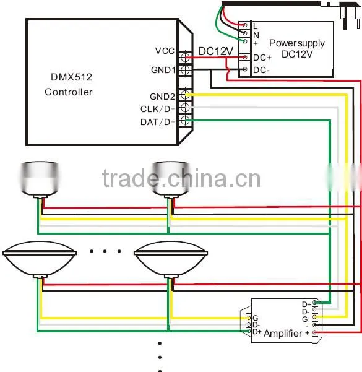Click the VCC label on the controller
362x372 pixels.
[165, 51]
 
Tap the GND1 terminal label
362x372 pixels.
[163, 70]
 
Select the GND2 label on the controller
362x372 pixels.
[163, 97]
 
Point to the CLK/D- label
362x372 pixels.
[158, 109]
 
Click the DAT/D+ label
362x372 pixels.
[158, 122]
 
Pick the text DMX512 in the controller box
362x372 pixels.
[71, 77]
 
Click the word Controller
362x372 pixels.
[69, 92]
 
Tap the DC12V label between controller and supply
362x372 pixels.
[215, 51]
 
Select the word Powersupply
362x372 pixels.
[297, 43]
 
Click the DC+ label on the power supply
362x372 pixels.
[262, 58]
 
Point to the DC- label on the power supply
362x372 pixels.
[261, 70]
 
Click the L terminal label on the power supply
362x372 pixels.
[255, 26]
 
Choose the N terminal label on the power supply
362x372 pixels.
[256, 35]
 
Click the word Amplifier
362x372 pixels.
[283, 334]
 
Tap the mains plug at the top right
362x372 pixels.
[350, 15]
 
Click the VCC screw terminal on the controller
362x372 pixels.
[185, 57]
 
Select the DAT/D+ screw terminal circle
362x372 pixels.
[185, 121]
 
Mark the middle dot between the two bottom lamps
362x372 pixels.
[105, 251]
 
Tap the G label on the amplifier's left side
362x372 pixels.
[255, 318]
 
